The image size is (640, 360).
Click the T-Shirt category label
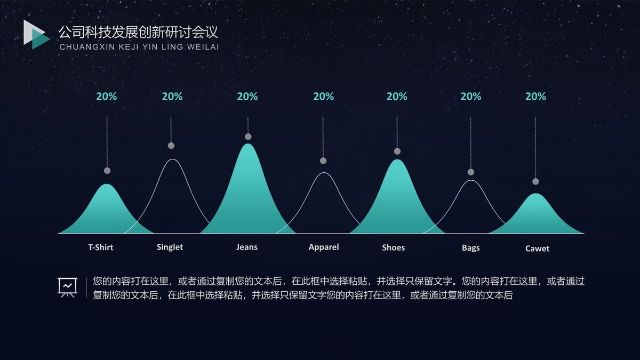click(101, 247)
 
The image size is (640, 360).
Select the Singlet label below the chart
click(170, 247)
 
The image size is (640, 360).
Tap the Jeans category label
click(247, 247)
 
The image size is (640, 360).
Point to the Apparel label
click(324, 247)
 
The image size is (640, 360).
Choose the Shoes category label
click(393, 247)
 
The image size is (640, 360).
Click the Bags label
click(470, 248)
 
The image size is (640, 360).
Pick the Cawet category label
click(537, 249)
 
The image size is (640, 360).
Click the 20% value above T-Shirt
click(106, 97)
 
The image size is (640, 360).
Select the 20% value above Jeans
click(247, 97)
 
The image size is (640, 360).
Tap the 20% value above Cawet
click(535, 97)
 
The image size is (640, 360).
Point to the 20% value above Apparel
click(323, 97)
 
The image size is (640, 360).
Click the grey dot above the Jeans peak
click(248, 137)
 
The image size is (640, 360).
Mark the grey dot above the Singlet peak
click(171, 146)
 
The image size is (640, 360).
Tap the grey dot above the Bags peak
click(471, 172)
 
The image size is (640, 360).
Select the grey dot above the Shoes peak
click(397, 151)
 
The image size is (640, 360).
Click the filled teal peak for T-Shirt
click(107, 211)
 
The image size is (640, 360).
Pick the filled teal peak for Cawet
click(535, 216)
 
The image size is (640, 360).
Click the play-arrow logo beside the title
click(36, 35)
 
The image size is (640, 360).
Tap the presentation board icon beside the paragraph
click(68, 287)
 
